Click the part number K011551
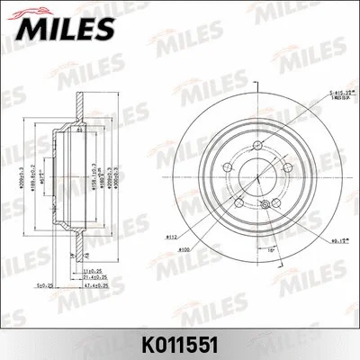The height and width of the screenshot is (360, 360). pos(179,341)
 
